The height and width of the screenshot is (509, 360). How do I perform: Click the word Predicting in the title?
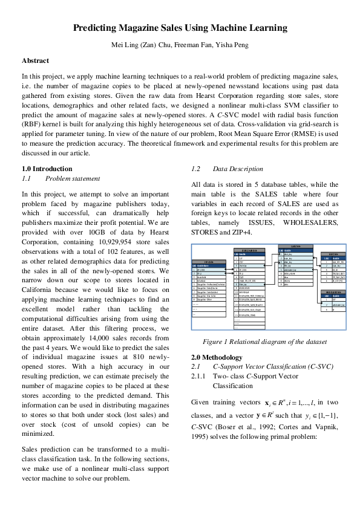96,28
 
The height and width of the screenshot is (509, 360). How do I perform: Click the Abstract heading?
35,60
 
